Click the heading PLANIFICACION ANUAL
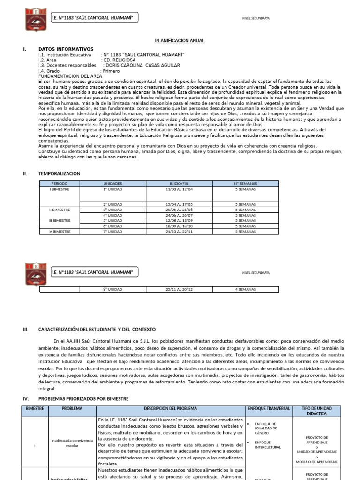(180, 41)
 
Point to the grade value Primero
(111, 71)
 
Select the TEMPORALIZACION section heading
(60, 173)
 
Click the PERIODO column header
(60, 184)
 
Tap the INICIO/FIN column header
(179, 184)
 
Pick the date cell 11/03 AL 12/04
(179, 190)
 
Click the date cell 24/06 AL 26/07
(179, 215)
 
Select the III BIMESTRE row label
(60, 220)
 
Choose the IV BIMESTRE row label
(60, 232)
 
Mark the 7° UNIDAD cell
(112, 232)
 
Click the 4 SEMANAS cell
(246, 289)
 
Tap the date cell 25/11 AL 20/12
(179, 289)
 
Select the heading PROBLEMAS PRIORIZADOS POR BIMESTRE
(83, 399)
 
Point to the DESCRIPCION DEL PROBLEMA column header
(171, 409)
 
